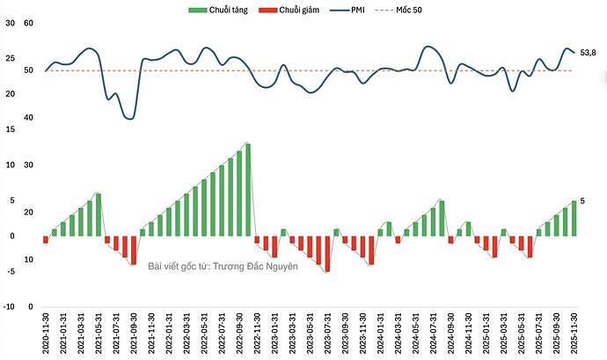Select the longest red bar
(327, 253)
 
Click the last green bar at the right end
(574, 218)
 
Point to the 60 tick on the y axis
(28, 23)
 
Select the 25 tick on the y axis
(10, 59)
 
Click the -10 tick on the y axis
(8, 307)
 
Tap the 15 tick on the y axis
(10, 130)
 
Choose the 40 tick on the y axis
(28, 118)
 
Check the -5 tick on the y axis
(10, 271)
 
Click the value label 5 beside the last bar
(582, 201)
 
